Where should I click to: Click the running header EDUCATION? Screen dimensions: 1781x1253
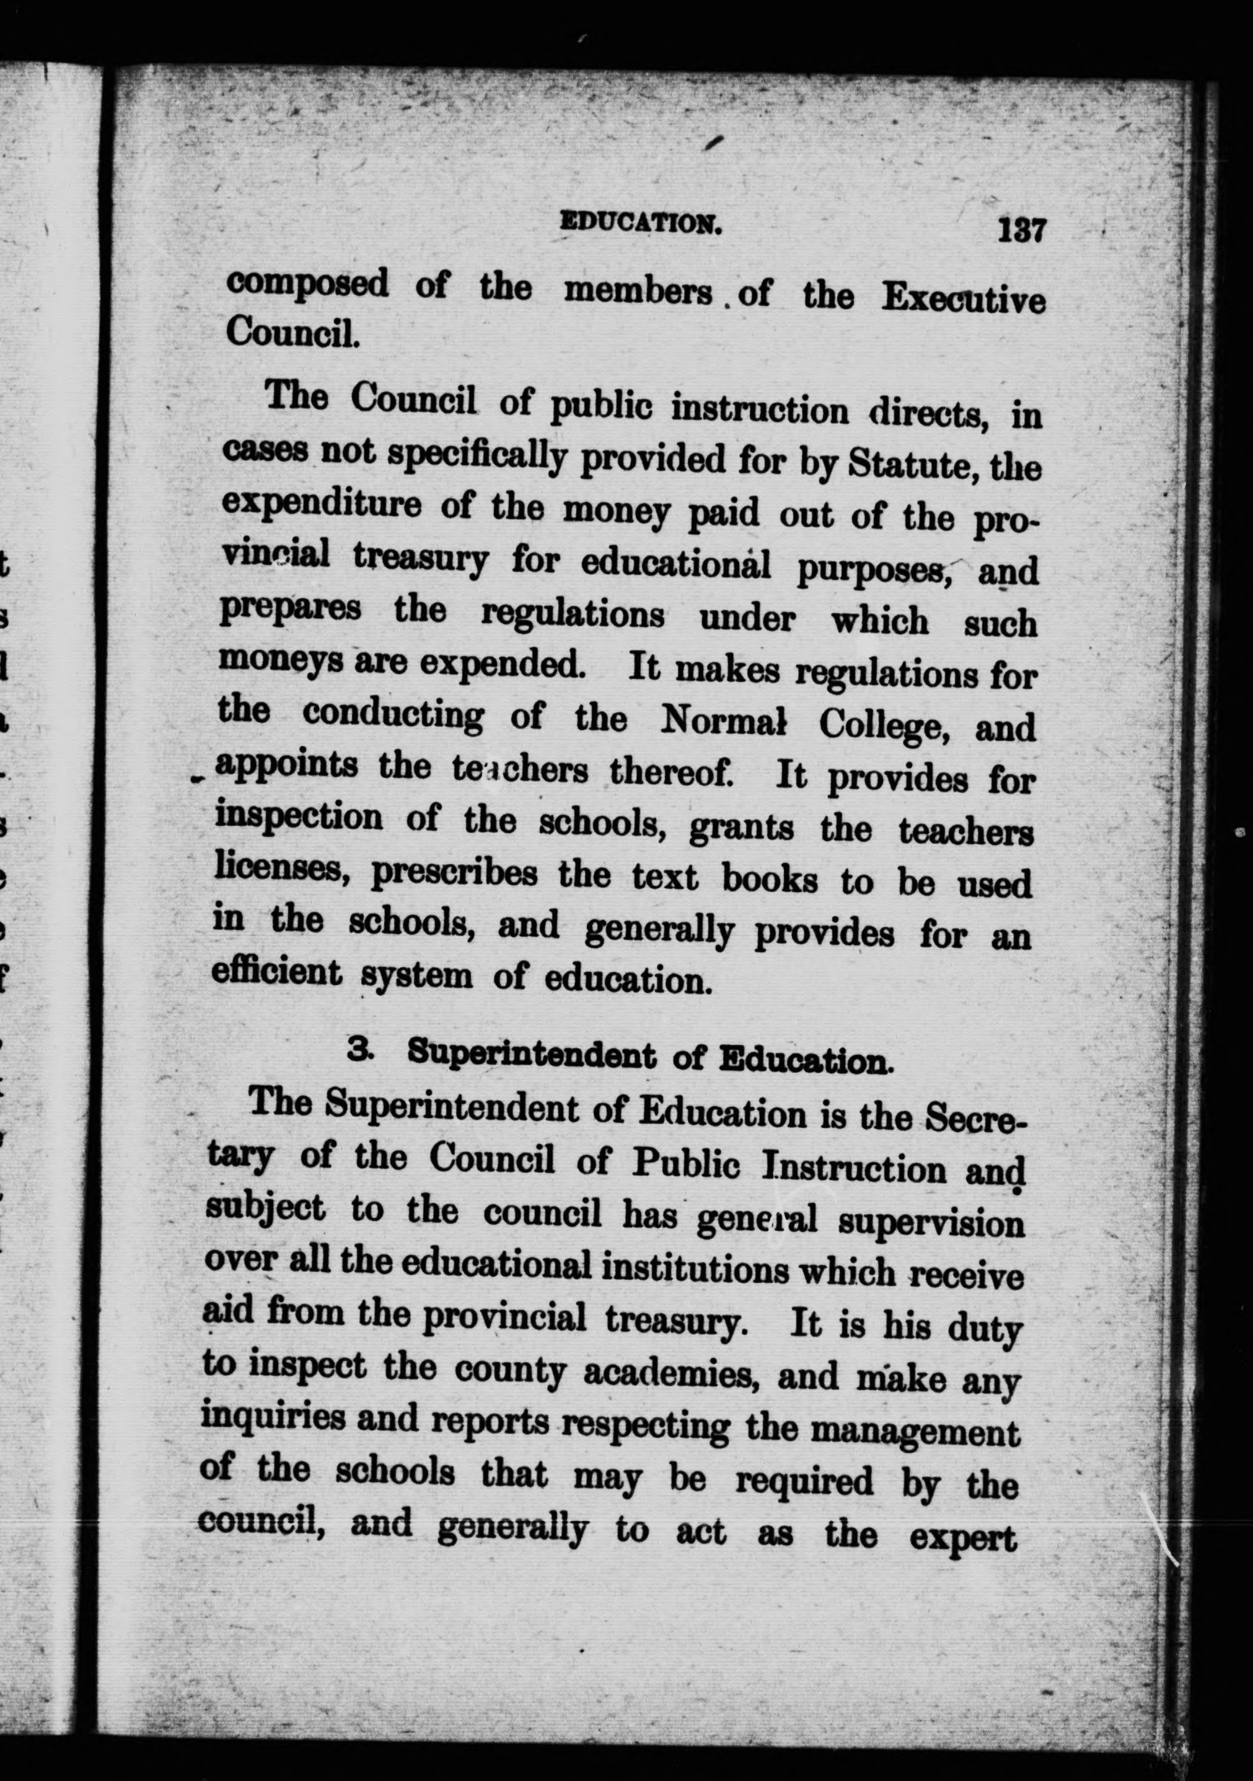pos(641,224)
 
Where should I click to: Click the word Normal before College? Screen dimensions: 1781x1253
pos(723,720)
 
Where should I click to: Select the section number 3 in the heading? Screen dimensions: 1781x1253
pos(358,1049)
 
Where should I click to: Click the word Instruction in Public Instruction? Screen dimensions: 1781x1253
pos(853,1169)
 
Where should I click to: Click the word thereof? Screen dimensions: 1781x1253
pos(670,772)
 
